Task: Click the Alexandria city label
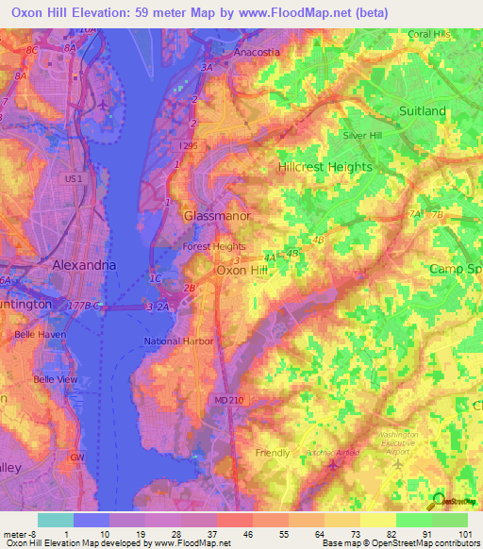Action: point(85,265)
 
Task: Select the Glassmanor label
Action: point(215,215)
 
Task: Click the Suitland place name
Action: point(422,111)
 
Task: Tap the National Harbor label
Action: point(178,341)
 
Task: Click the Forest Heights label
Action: point(213,247)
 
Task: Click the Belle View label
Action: point(56,379)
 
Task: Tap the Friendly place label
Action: point(274,453)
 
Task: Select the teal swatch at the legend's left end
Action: point(55,520)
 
